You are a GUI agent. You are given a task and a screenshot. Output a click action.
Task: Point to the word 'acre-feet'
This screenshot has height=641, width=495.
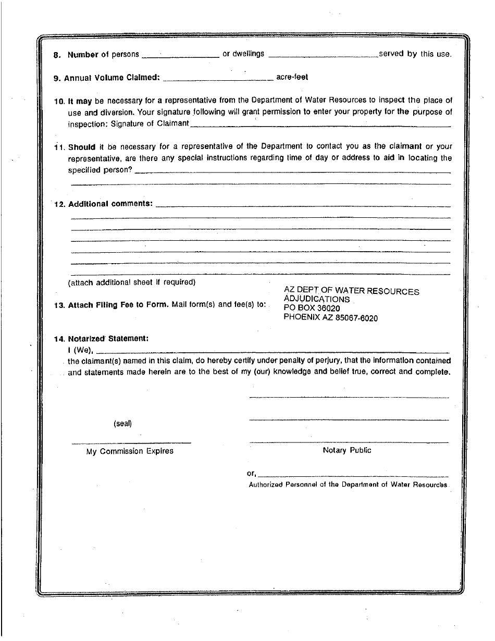click(x=292, y=77)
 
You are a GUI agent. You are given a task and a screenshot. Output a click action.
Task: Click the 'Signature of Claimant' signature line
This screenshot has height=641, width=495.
click(x=320, y=125)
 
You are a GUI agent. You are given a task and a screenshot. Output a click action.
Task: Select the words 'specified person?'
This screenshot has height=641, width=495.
click(x=100, y=170)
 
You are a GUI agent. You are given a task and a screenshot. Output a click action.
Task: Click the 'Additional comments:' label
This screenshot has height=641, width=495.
click(x=110, y=204)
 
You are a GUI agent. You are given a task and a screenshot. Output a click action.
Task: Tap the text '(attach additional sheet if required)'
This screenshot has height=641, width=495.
click(x=132, y=282)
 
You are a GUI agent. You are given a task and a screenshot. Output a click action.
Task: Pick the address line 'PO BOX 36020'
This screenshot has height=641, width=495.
click(x=312, y=308)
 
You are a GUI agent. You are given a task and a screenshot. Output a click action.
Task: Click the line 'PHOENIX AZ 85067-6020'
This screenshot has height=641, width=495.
click(x=331, y=317)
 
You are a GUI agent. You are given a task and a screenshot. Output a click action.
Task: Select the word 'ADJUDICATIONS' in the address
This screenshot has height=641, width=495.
click(x=317, y=300)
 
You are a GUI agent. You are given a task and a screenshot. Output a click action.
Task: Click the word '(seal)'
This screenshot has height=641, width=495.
click(x=122, y=424)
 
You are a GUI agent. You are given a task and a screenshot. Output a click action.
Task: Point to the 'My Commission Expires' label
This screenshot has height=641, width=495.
click(x=130, y=451)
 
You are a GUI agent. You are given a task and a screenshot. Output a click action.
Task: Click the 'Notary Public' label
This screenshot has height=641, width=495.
click(x=347, y=450)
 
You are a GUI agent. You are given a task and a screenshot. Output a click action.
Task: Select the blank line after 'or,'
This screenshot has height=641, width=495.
click(x=353, y=475)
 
